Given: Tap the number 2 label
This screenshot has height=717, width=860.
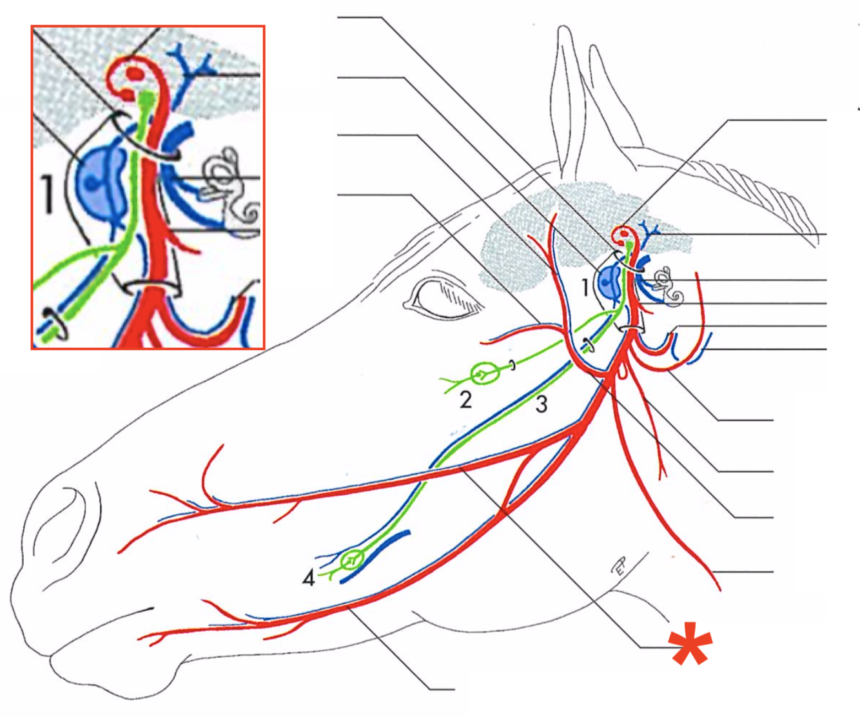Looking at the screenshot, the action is [x=465, y=400].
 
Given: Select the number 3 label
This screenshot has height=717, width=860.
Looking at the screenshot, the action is [x=542, y=404].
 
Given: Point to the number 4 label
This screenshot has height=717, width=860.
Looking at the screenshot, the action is [x=309, y=578].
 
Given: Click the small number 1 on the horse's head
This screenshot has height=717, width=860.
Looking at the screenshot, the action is [x=585, y=287].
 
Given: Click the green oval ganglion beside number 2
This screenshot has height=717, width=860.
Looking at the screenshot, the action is [x=482, y=373].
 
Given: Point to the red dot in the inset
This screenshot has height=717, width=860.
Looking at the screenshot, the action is [x=135, y=73].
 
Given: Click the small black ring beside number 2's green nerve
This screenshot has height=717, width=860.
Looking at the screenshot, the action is [x=513, y=366].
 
